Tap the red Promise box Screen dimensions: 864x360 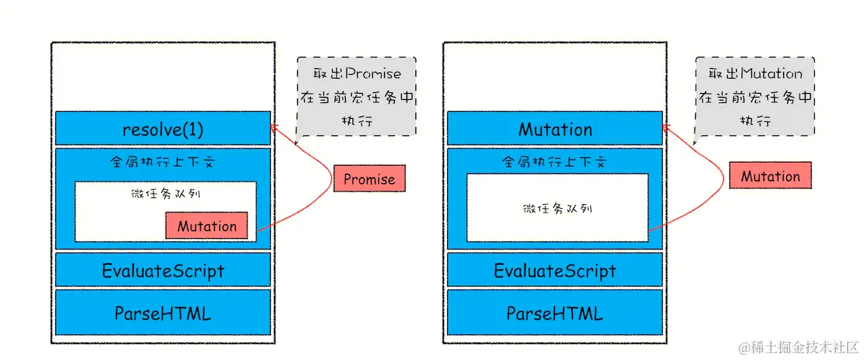[369, 178]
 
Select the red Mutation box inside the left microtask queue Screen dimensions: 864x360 [207, 225]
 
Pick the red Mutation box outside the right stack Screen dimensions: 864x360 [770, 175]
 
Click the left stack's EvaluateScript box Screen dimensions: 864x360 [163, 270]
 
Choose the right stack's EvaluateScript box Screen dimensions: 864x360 [555, 270]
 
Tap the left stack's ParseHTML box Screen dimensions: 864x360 [163, 312]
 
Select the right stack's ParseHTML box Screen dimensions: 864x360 [555, 312]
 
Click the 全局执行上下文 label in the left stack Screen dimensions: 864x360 [163, 163]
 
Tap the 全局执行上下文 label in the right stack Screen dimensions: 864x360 [555, 163]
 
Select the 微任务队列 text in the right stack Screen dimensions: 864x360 [558, 209]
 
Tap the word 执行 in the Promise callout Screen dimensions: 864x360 [356, 122]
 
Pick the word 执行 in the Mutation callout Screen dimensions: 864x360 [755, 122]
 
